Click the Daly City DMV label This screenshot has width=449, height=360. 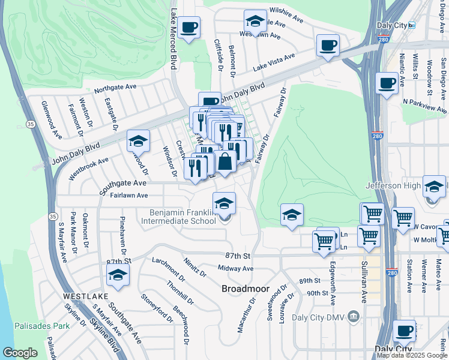[320, 317]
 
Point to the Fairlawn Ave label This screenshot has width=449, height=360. [125, 195]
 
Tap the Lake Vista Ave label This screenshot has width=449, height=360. [274, 62]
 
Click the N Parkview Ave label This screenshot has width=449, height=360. [424, 106]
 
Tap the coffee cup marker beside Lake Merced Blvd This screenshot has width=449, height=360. [188, 28]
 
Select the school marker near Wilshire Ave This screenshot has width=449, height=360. [255, 22]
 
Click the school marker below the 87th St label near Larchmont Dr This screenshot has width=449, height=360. [118, 276]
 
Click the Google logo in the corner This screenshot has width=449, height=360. [20, 353]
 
